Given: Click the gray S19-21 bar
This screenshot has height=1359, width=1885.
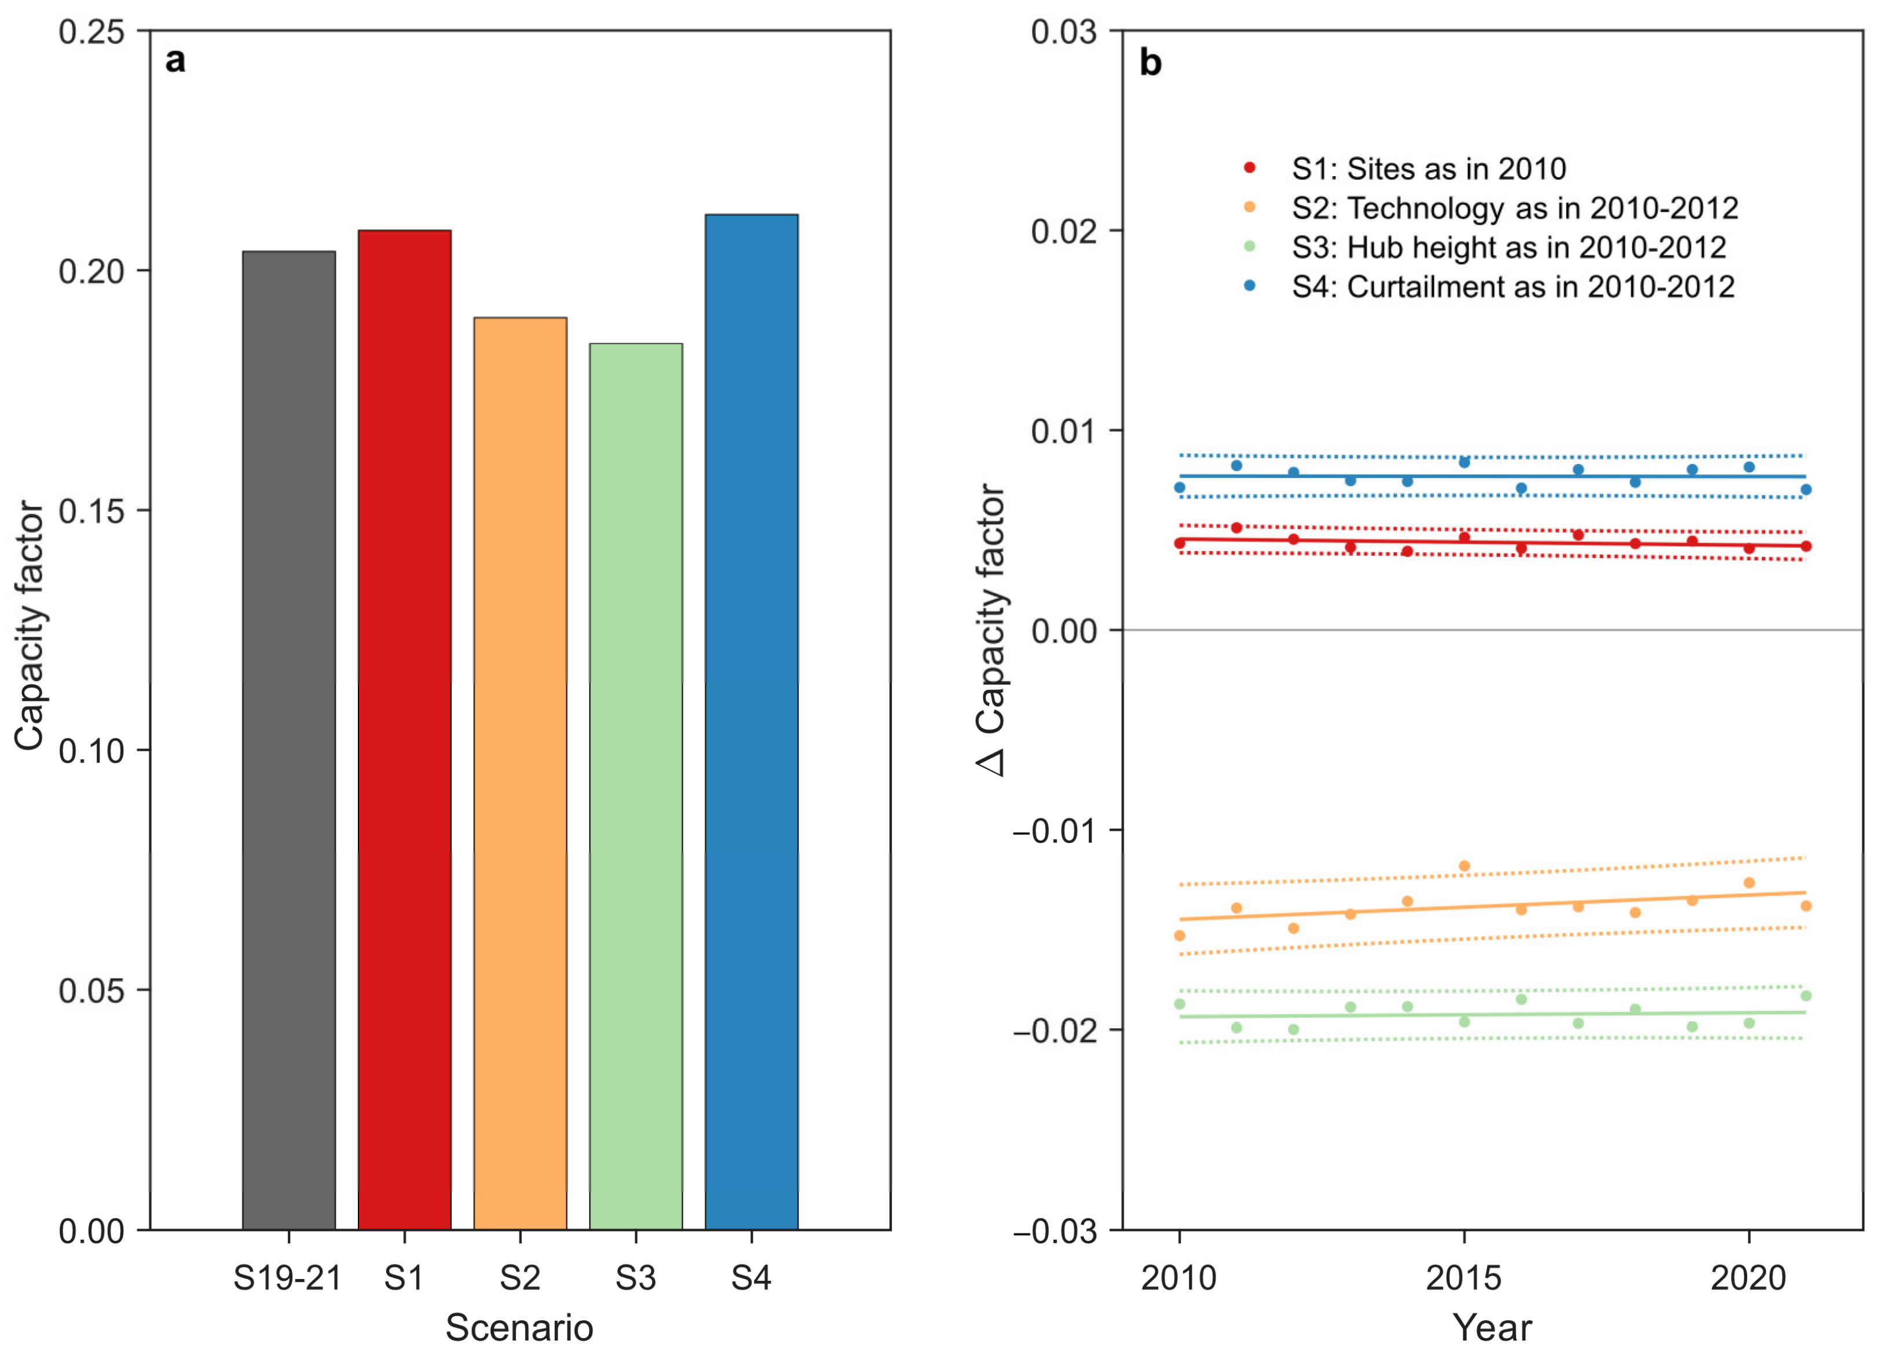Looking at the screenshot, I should pos(288,740).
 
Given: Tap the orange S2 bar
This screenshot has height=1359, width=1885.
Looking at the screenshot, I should pos(519,773).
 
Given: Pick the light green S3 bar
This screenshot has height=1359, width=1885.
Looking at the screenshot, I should pos(636,786).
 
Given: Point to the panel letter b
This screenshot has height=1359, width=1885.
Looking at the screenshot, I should pos(1150,63).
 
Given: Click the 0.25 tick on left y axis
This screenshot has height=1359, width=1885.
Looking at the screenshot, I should pos(91,32).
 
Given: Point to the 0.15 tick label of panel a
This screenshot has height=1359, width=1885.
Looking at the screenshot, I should pos(91,511).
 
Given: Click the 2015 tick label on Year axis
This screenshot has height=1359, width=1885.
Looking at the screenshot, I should pos(1463,1277).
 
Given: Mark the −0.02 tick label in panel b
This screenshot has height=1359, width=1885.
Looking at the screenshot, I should pos(1054,1031).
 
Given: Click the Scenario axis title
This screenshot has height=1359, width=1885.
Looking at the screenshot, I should pos(519,1327).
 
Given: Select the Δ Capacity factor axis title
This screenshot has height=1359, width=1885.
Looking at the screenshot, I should pos(991,629).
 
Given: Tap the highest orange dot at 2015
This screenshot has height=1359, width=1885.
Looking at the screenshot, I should pos(1465,866).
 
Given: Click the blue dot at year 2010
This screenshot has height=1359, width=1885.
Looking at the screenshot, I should pos(1180,487).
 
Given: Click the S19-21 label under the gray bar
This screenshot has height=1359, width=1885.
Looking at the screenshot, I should pos(288,1277).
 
